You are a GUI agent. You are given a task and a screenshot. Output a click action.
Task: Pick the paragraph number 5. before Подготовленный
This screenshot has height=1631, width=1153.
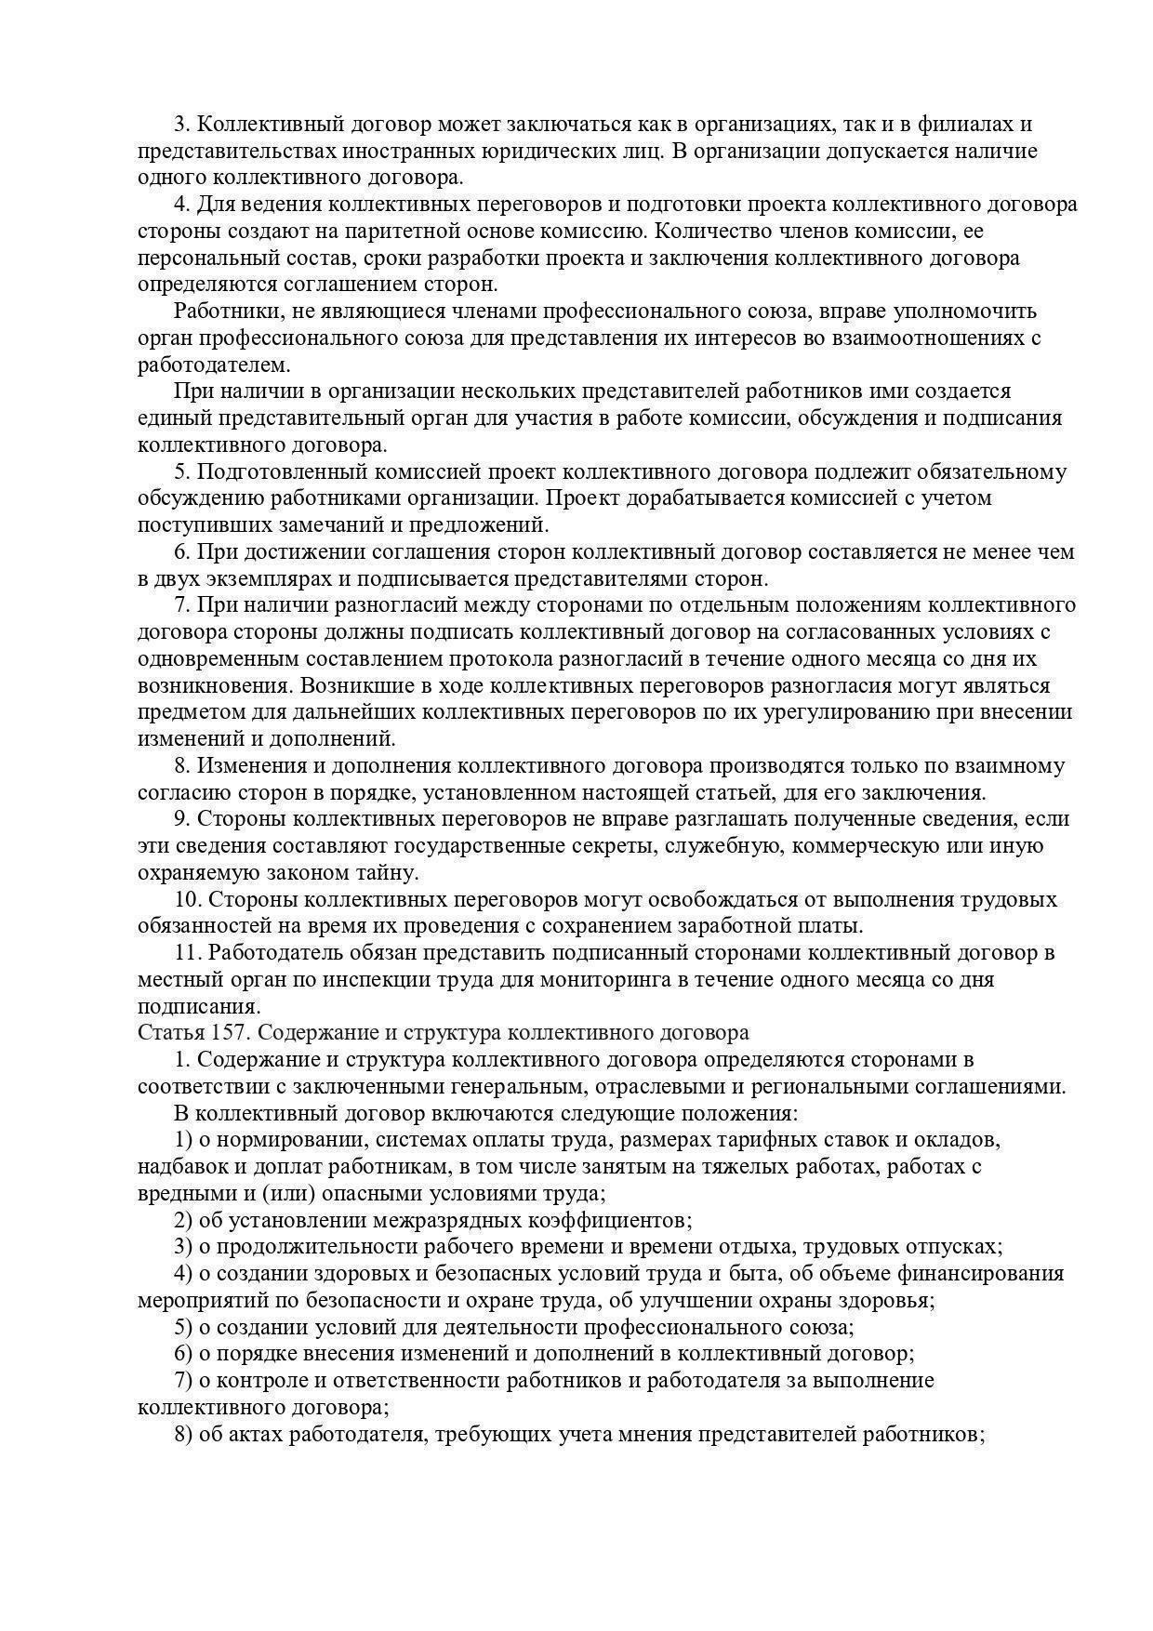(182, 471)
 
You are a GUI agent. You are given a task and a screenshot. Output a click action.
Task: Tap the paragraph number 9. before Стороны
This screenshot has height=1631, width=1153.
(182, 819)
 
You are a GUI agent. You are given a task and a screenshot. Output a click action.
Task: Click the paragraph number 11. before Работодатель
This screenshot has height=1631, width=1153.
(187, 952)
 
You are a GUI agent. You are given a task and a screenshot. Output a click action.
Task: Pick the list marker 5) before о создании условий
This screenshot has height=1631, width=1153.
(183, 1327)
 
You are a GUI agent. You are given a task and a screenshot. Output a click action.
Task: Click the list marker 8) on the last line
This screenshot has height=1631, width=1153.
(183, 1434)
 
